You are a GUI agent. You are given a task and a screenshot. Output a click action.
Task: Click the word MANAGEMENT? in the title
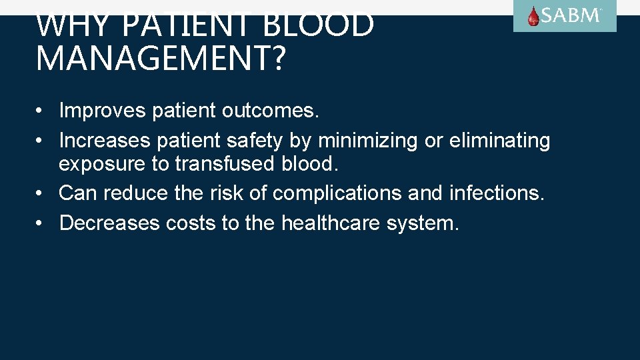pos(160,58)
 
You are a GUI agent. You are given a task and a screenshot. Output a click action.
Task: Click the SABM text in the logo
pos(571,16)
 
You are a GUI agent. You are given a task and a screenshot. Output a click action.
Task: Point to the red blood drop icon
pos(533,17)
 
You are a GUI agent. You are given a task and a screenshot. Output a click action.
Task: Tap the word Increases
pos(105,141)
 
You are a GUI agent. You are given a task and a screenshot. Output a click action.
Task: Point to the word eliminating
pos(499,141)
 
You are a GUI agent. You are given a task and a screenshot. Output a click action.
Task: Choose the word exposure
pos(100,164)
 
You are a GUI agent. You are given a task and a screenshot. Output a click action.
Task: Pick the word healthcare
pos(331,223)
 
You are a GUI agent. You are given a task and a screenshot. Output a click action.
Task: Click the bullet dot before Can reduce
pos(41,194)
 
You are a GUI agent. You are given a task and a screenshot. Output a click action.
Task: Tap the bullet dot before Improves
pos(41,111)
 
